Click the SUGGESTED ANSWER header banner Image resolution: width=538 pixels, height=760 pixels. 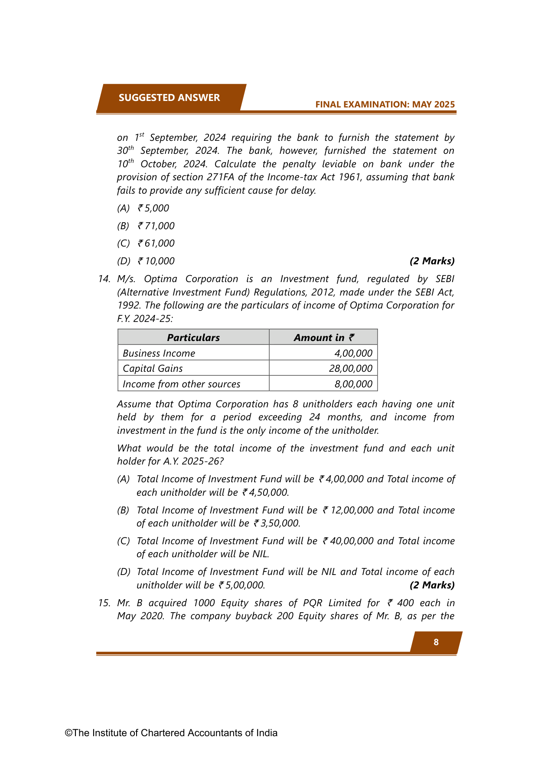click(x=170, y=97)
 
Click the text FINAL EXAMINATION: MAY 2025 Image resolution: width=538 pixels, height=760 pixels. click(x=385, y=104)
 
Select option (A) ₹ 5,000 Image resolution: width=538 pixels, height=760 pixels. click(x=143, y=208)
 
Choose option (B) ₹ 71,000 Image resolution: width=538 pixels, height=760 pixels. click(x=146, y=226)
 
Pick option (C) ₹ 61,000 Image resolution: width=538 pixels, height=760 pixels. click(x=146, y=244)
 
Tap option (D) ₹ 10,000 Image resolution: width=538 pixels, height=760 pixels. click(x=146, y=261)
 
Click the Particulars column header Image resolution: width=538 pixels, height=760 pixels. click(x=193, y=338)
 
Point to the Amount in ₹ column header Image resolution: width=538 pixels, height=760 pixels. click(x=323, y=338)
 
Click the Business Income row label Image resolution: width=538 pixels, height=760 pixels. click(x=159, y=353)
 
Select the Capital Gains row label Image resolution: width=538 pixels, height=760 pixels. click(x=153, y=369)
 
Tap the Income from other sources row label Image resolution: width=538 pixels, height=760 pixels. click(x=181, y=384)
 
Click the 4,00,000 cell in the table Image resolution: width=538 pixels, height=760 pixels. click(x=353, y=353)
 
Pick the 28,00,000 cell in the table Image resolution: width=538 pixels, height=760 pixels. click(x=351, y=369)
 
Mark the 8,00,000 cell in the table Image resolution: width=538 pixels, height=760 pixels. click(x=353, y=384)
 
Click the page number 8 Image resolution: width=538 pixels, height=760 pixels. click(x=436, y=642)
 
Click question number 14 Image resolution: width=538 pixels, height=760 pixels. click(x=104, y=279)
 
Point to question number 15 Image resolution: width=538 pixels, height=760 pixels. click(x=104, y=603)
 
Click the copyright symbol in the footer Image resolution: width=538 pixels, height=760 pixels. click(x=68, y=733)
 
